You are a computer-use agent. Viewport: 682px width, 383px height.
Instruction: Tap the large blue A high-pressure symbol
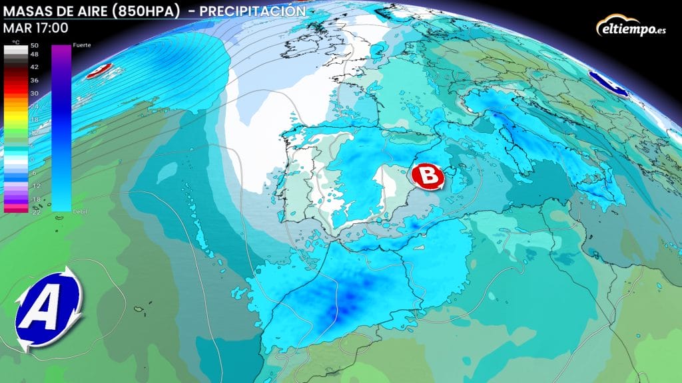(49, 309)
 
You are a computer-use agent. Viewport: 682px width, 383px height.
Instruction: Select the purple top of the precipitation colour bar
(61, 53)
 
